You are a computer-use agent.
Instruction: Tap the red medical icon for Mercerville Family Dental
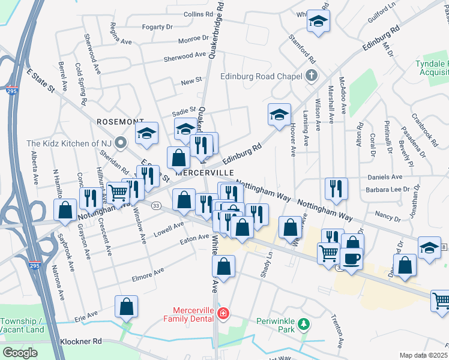pos(223,313)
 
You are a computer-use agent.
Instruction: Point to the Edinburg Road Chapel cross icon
pos(311,76)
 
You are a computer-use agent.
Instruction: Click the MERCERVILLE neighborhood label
pos(204,172)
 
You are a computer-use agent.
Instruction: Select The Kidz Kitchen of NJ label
pos(70,143)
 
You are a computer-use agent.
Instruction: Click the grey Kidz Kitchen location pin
pos(121,143)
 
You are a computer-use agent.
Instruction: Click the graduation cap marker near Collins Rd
pos(318,22)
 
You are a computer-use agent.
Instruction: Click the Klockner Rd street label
pos(82,341)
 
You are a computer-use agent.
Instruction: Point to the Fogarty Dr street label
pos(157,27)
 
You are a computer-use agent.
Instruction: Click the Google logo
pos(20,353)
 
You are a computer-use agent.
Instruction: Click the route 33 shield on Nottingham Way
pos(156,206)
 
